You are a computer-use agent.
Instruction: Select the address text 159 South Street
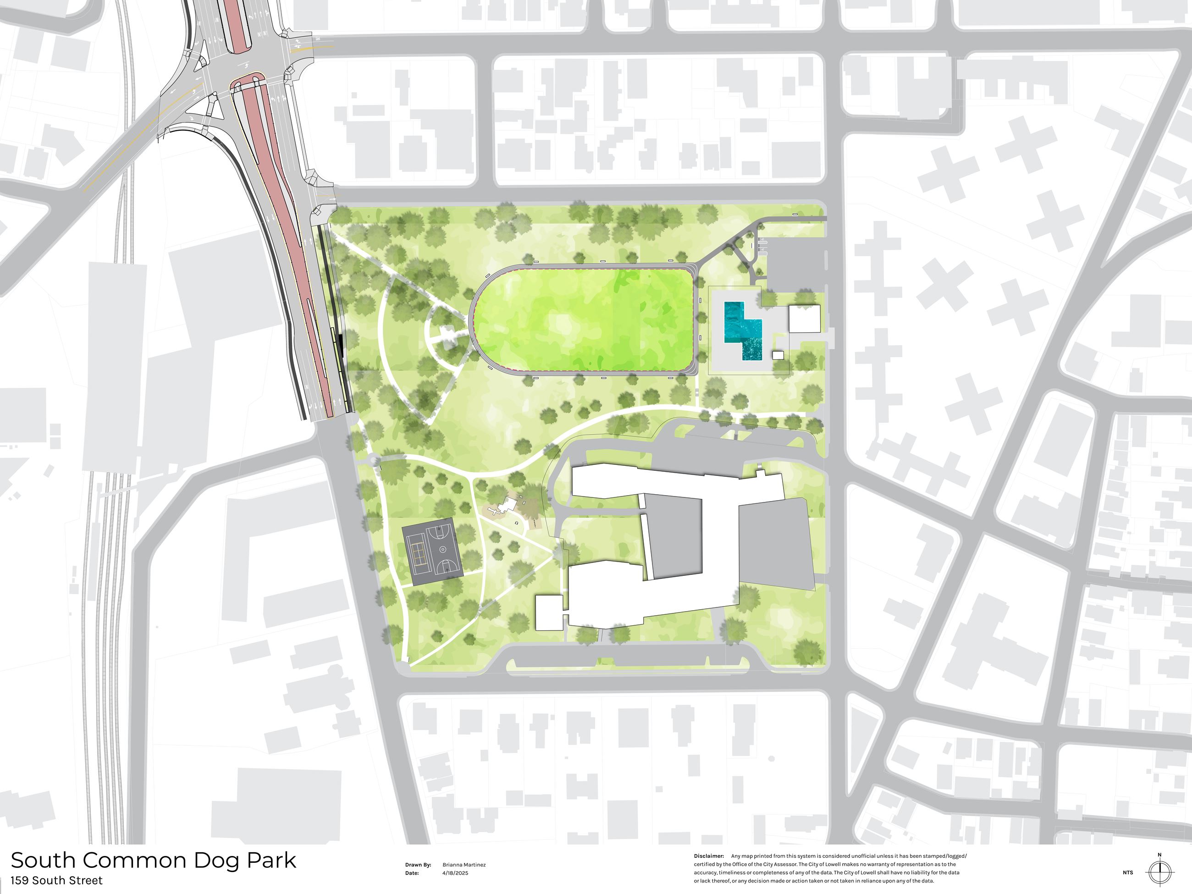tap(56, 881)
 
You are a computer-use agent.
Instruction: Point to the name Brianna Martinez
tap(464, 865)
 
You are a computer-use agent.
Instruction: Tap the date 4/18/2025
tap(455, 873)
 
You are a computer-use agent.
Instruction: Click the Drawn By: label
tap(418, 865)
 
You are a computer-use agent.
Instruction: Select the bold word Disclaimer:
tap(709, 856)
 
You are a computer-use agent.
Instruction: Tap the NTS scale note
tap(1128, 873)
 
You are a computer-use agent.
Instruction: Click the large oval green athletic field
tap(585, 320)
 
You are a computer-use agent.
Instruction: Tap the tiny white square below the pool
tap(778, 355)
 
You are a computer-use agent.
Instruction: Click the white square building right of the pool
tap(805, 319)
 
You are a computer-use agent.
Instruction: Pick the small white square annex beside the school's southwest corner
tap(549, 613)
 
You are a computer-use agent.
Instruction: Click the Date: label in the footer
tap(412, 873)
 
